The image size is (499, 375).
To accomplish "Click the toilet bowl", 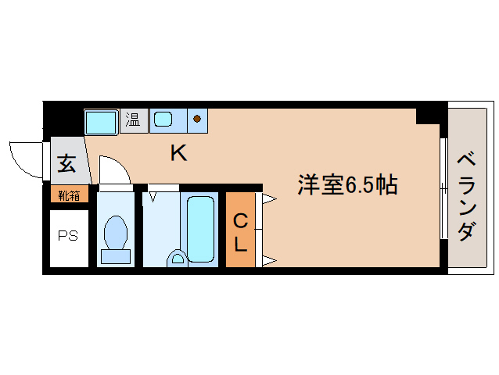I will (x=116, y=235).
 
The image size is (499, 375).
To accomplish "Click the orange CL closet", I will (x=240, y=231).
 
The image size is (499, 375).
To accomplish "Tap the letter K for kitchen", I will (x=179, y=154).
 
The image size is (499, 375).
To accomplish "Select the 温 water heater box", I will (x=134, y=120).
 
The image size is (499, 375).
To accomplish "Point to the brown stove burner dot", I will (x=197, y=120).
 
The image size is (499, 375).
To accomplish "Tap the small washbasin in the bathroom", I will (x=177, y=257).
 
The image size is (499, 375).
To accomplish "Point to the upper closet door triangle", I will (x=268, y=199).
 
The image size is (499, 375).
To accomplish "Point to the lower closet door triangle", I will (x=268, y=260).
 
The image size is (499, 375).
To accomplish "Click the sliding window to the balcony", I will (x=443, y=187).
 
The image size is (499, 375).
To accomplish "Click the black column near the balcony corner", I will (x=426, y=114).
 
